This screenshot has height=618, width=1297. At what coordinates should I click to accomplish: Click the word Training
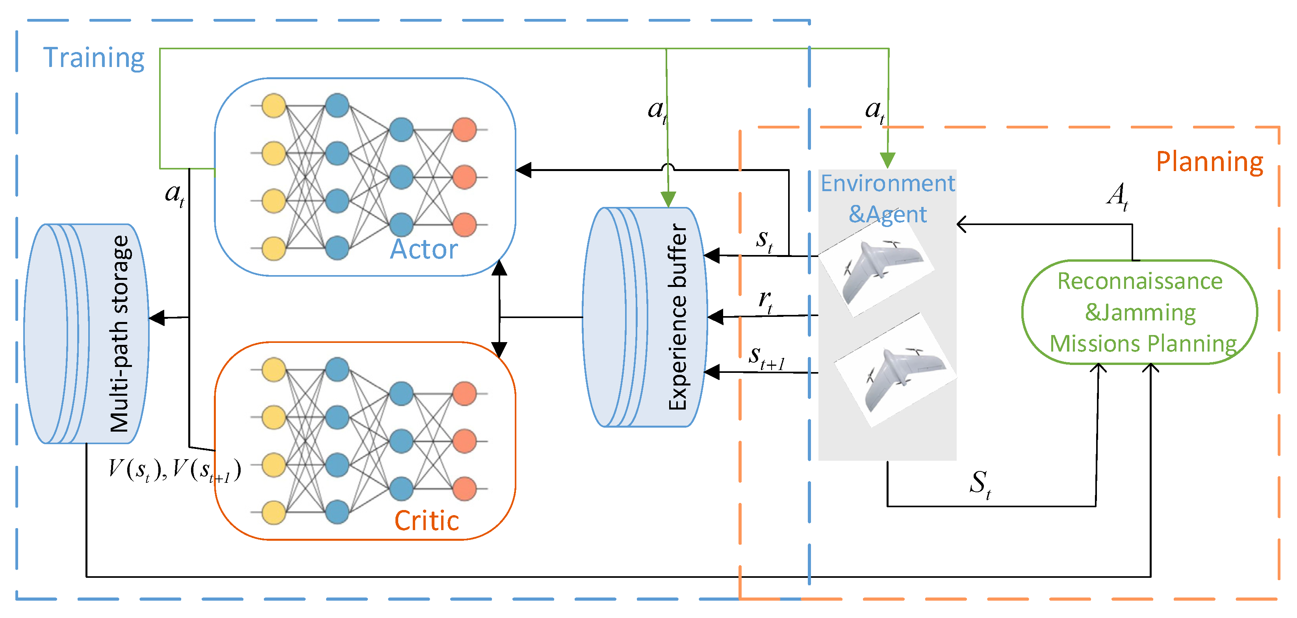point(94,58)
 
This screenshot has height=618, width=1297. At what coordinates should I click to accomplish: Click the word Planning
point(1210,162)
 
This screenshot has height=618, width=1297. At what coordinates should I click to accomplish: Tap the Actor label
point(424,249)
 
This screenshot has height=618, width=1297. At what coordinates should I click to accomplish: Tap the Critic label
point(427,520)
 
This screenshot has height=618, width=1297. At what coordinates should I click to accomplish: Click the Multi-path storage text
point(119,333)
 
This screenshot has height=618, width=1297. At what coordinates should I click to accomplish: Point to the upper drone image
point(879,270)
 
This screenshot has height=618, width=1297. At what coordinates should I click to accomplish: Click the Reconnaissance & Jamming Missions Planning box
point(1140,312)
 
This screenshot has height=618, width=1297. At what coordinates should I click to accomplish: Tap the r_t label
point(765,301)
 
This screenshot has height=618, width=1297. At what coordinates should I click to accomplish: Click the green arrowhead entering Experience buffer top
point(668,199)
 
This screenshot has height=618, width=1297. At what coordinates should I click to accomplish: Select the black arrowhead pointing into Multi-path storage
point(157,318)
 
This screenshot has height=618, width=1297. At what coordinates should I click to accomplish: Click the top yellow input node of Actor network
point(273,106)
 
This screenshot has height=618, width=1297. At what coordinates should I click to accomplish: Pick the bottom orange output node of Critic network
point(464,489)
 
